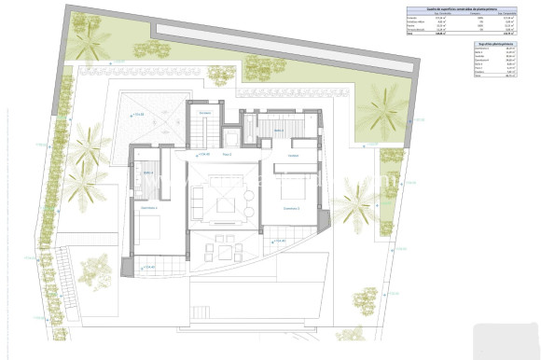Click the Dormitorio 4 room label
click(150, 207)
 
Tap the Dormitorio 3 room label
click(292, 208)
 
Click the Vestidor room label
click(292, 155)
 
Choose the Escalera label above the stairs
click(205, 112)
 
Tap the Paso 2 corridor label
click(226, 155)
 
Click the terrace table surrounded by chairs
click(224, 249)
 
